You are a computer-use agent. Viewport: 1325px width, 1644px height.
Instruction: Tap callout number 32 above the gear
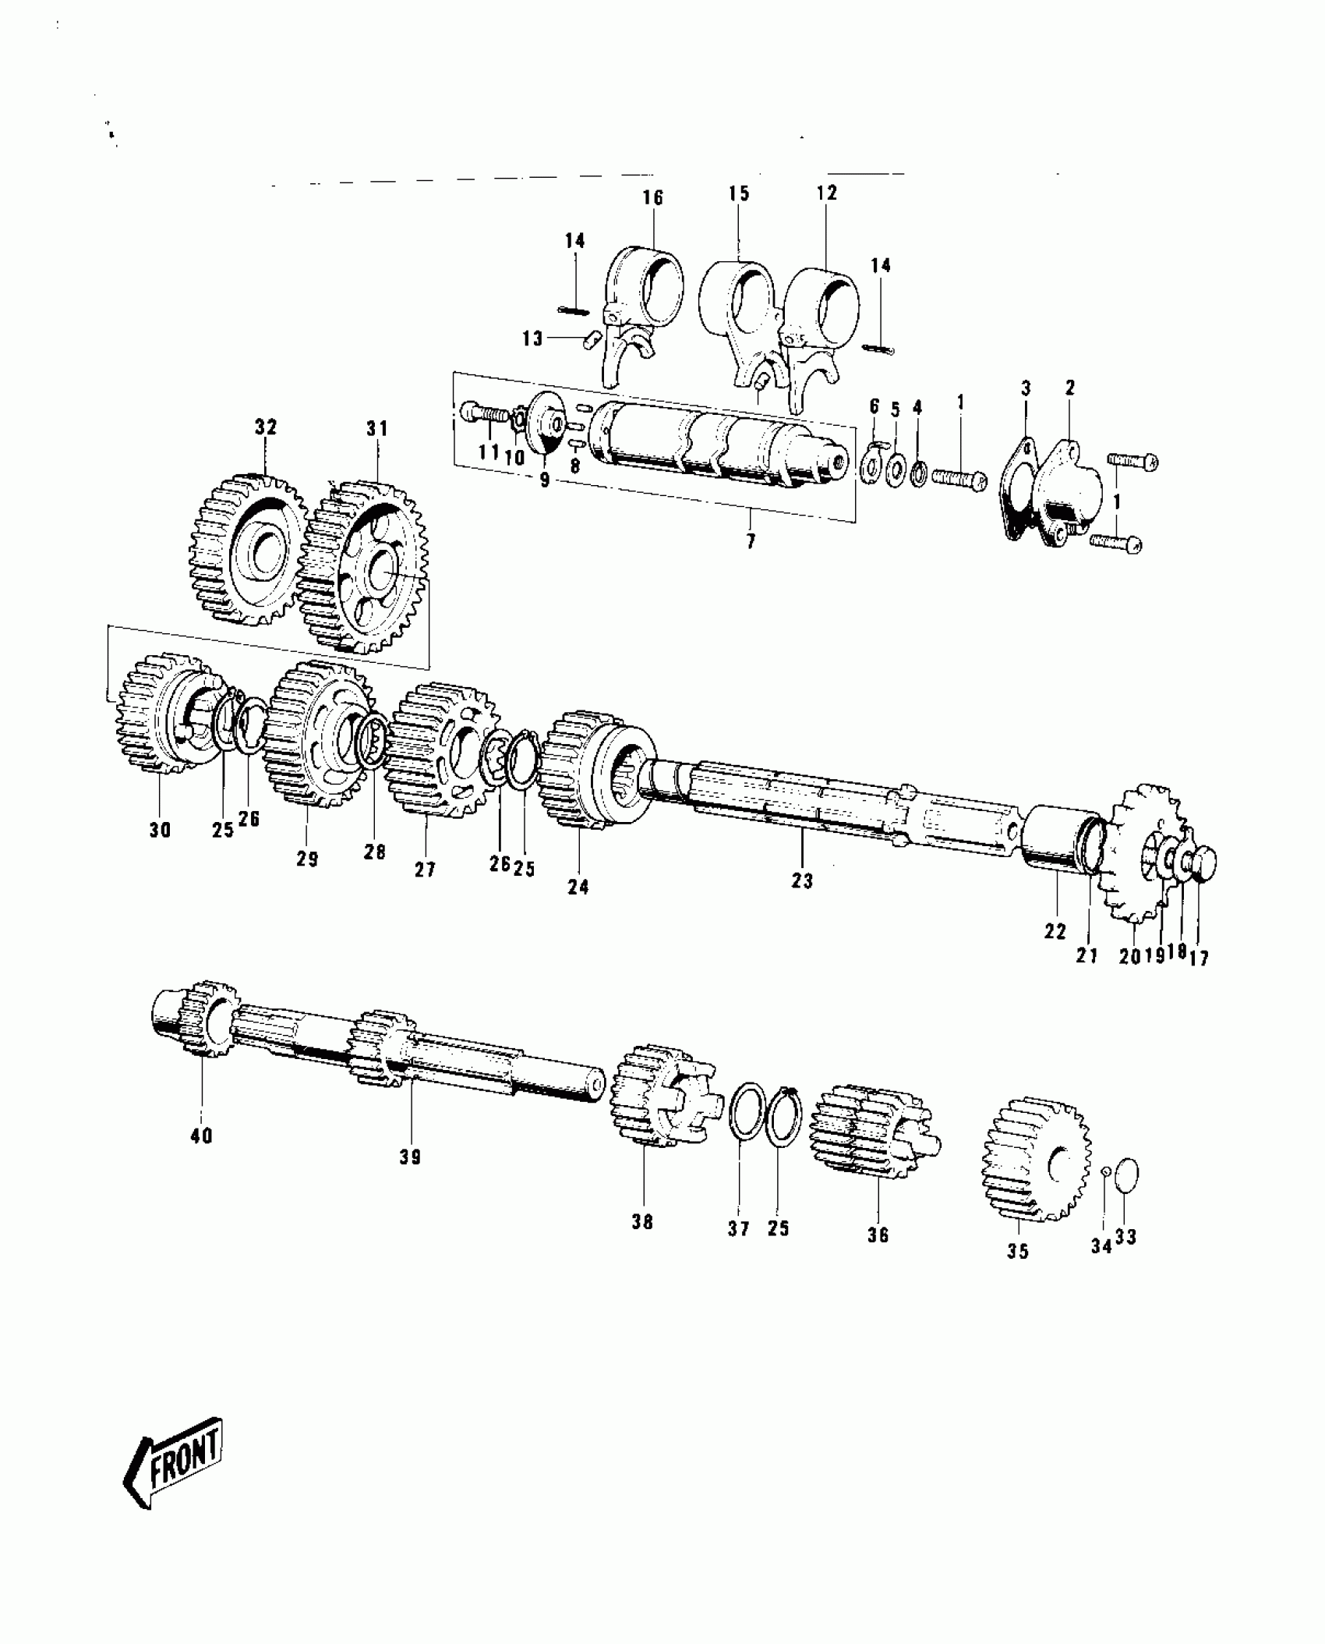click(265, 427)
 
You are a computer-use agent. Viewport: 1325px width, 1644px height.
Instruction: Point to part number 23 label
click(802, 880)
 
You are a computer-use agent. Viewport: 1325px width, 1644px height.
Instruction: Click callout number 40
click(201, 1136)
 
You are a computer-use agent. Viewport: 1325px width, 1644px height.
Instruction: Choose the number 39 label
click(410, 1157)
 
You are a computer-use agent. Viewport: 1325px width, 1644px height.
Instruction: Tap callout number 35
click(1018, 1251)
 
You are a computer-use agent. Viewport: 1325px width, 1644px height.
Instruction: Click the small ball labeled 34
click(1104, 1192)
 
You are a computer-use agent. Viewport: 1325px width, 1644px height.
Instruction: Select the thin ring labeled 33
click(1127, 1197)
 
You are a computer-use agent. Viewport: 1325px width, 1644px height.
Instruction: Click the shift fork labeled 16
click(639, 312)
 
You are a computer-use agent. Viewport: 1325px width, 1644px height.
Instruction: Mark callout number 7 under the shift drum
click(751, 540)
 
